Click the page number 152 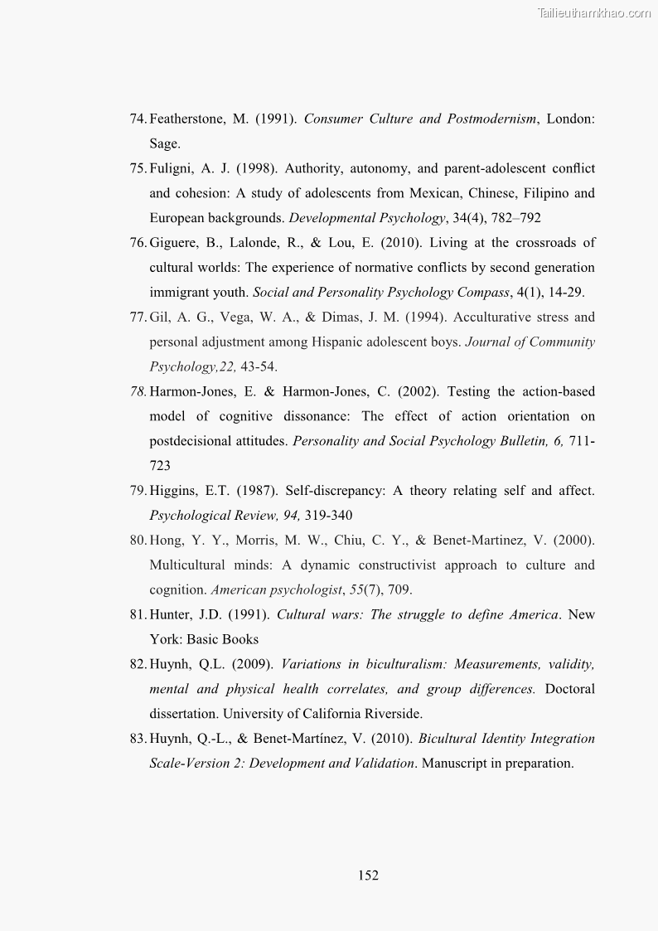(368, 875)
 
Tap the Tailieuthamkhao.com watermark (593, 12)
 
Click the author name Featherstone (186, 119)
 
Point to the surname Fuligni (171, 168)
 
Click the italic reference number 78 (138, 391)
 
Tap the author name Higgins (173, 491)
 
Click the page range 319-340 (328, 515)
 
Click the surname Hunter (172, 614)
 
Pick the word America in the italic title (532, 614)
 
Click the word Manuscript (455, 763)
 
